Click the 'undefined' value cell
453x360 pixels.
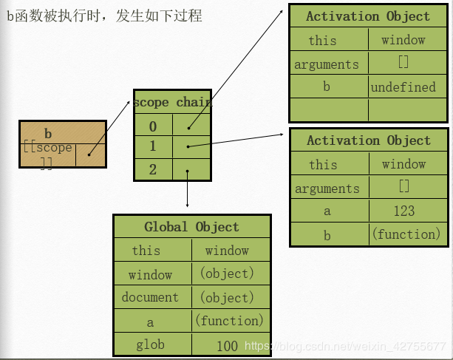(x=403, y=87)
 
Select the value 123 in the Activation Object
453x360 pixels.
(x=403, y=211)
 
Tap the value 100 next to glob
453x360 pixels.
(x=228, y=345)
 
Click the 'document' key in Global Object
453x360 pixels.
(x=150, y=297)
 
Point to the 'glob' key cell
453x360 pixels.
(x=150, y=344)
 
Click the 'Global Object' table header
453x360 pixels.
(x=191, y=227)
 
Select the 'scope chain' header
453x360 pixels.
(x=173, y=102)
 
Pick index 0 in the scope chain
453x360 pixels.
(x=153, y=126)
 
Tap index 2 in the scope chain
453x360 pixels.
(x=153, y=169)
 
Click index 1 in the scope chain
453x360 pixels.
(x=153, y=146)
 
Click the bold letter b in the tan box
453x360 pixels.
(x=48, y=134)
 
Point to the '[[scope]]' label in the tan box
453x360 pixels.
(x=47, y=154)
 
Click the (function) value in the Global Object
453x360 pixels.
(x=229, y=321)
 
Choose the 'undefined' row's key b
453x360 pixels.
(x=327, y=87)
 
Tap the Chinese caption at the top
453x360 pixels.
(x=104, y=16)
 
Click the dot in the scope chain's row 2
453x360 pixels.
(x=188, y=171)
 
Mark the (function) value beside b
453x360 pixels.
(x=406, y=234)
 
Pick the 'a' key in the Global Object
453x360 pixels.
(x=150, y=321)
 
